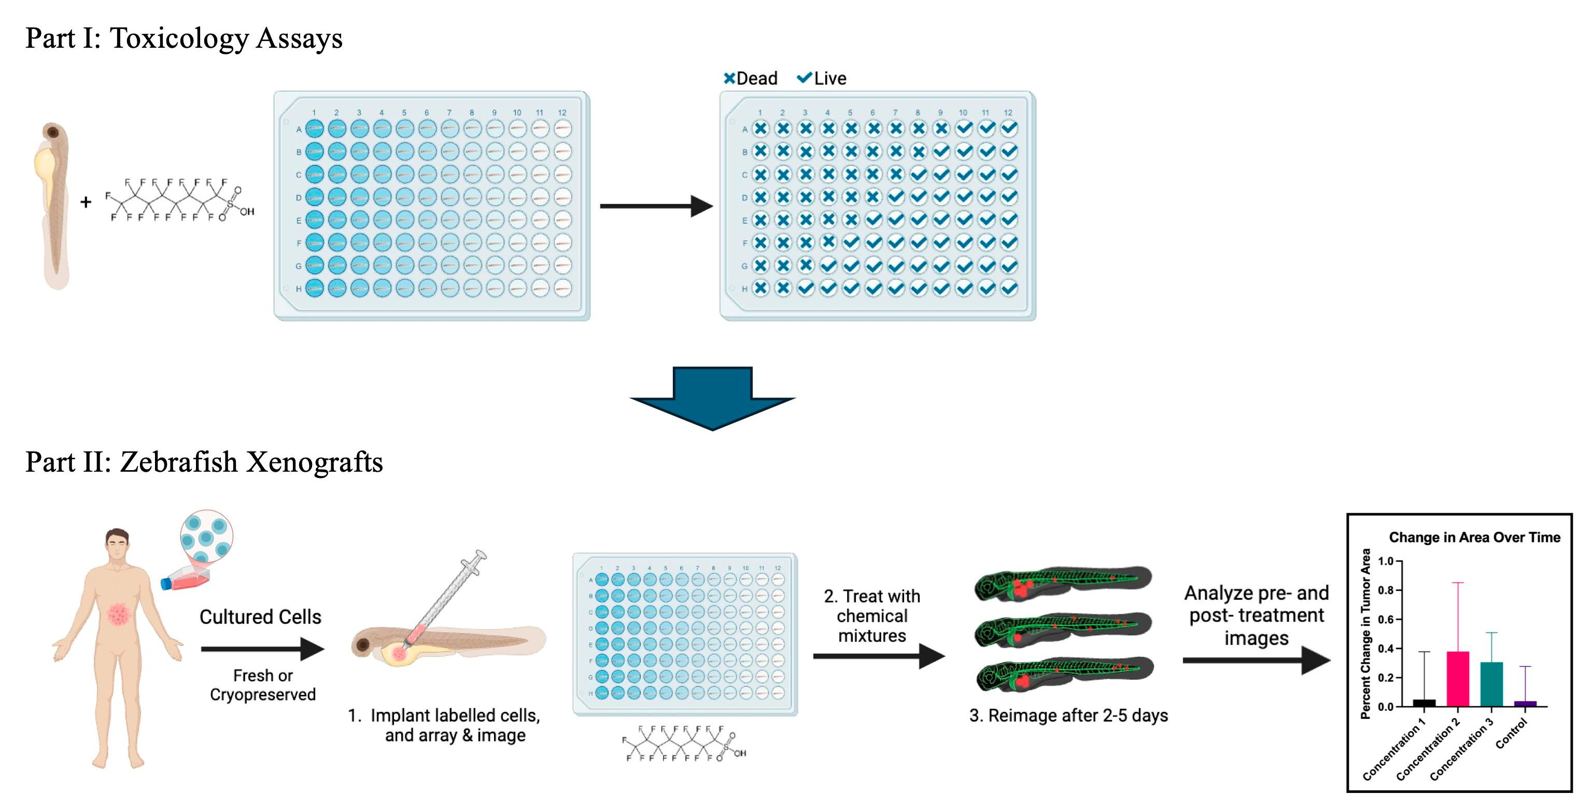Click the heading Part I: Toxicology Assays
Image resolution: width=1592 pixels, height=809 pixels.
[184, 38]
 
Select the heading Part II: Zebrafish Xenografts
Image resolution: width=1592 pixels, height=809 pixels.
[204, 462]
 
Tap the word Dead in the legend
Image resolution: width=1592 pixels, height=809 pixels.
[756, 78]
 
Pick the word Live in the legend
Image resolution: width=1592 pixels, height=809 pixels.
[829, 78]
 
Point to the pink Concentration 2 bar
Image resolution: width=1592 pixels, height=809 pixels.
[1457, 679]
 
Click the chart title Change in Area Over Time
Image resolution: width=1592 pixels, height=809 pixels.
[1474, 538]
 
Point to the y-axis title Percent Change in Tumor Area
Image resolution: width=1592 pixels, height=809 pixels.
[1365, 634]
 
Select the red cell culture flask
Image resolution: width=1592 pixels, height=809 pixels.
[186, 580]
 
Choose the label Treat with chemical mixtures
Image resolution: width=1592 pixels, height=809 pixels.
[871, 616]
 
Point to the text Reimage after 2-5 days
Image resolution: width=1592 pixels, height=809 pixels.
[1068, 716]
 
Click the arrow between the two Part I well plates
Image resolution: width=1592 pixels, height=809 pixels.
[655, 206]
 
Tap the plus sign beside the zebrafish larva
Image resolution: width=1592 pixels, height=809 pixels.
[86, 202]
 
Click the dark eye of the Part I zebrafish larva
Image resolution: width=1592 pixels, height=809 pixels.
[53, 132]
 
